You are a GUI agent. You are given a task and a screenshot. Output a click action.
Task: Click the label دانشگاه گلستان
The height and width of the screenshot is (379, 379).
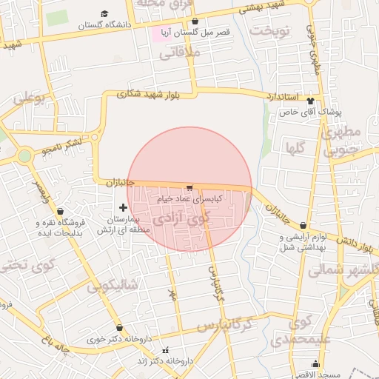[107, 24]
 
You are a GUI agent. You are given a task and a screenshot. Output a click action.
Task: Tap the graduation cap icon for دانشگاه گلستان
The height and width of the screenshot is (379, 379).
[104, 14]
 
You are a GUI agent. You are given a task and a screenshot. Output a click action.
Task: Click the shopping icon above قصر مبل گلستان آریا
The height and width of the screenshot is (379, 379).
[194, 21]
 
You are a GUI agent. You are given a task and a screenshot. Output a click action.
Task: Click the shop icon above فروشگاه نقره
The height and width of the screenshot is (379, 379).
[59, 210]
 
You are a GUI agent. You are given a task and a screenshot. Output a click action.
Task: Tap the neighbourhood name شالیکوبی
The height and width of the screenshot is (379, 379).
[112, 286]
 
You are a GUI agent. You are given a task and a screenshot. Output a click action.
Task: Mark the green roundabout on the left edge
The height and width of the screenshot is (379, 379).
[24, 155]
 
